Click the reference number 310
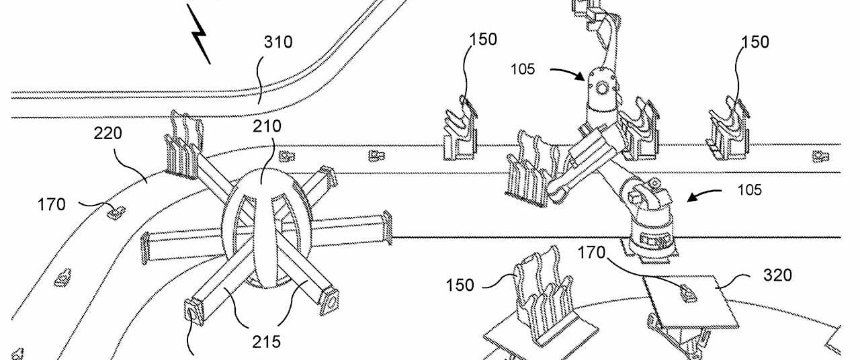278,42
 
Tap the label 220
107,133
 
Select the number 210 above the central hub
267,126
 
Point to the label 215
266,341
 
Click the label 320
777,275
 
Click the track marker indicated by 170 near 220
116,212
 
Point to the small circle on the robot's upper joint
602,88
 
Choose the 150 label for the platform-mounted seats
460,285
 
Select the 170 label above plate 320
591,253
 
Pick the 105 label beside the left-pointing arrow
749,190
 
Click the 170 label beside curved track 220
52,204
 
